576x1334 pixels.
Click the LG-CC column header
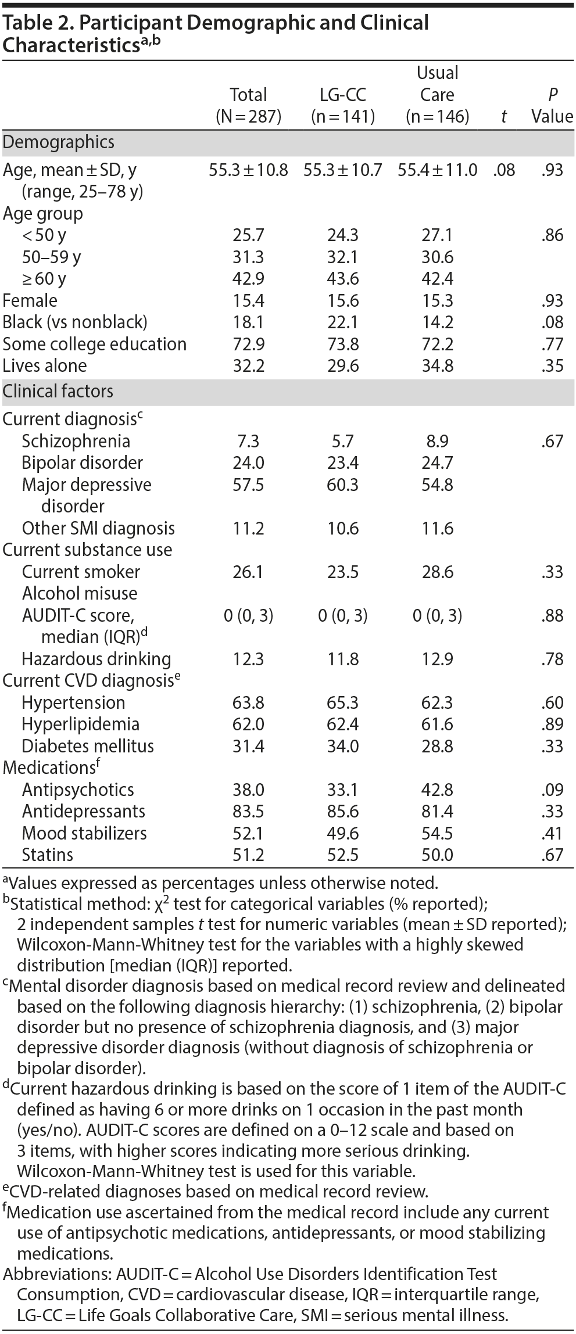[x=342, y=105]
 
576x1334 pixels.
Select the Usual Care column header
[x=437, y=95]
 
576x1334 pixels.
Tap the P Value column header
[x=552, y=105]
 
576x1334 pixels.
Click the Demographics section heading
[x=59, y=142]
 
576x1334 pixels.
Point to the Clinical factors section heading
[x=58, y=392]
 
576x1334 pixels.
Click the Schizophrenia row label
[x=76, y=441]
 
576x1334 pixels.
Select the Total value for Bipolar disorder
[x=248, y=463]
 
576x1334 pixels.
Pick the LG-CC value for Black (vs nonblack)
[x=342, y=322]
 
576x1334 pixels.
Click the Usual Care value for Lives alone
[x=437, y=366]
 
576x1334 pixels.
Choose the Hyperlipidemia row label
[x=81, y=725]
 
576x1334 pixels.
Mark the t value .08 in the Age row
[x=503, y=170]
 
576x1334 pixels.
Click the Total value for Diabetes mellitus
[x=248, y=746]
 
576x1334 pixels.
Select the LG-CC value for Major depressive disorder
[x=342, y=485]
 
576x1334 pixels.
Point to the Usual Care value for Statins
[x=437, y=855]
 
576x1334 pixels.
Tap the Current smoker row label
[x=81, y=572]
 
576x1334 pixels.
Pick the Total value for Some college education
[x=248, y=344]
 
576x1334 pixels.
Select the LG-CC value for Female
[x=342, y=300]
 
